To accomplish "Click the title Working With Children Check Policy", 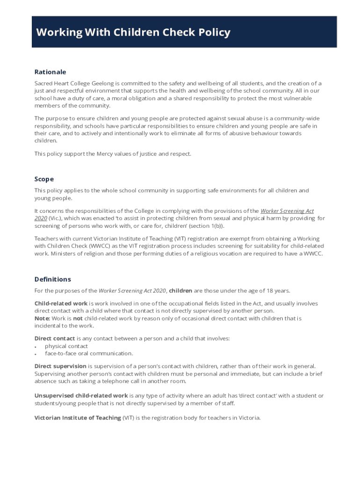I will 133,32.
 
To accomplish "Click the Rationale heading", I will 50,72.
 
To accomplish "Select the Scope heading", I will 44,179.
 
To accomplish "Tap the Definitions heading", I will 52,279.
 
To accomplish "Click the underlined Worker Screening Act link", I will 287,211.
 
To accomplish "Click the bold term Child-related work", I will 61,304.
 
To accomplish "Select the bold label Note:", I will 42,319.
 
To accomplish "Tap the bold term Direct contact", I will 54,339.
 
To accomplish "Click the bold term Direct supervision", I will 60,366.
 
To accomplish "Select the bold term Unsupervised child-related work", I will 81,396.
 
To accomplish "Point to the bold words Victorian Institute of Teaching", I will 78,418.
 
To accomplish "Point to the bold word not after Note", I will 78,319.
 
